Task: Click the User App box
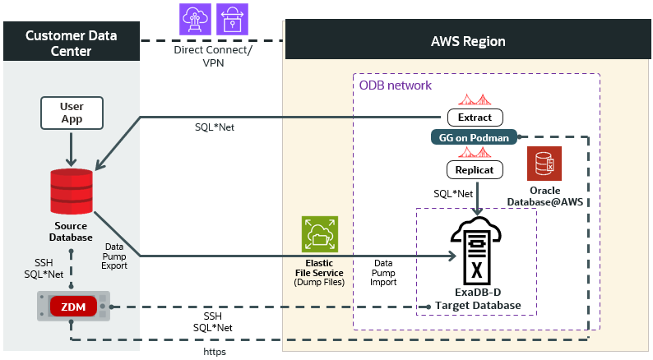[x=72, y=113]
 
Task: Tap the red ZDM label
[x=74, y=307]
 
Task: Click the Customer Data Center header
[x=71, y=43]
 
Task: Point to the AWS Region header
[x=468, y=41]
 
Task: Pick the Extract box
[x=475, y=117]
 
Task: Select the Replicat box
[x=475, y=170]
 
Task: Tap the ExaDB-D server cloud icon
[x=477, y=250]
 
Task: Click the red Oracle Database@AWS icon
[x=544, y=164]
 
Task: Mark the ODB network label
[x=395, y=85]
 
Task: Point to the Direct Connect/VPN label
[x=213, y=56]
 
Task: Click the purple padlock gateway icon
[x=232, y=18]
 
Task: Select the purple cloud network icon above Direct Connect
[x=196, y=18]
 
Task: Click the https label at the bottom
[x=214, y=351]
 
